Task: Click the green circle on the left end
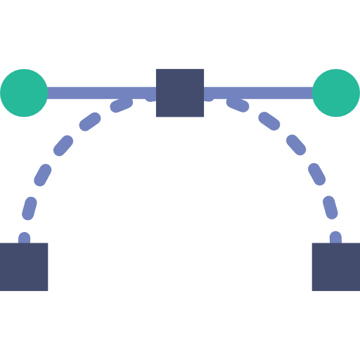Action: (24, 93)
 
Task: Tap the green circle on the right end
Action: (336, 93)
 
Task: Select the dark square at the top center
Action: (180, 93)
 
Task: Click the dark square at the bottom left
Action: (24, 266)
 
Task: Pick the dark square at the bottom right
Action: (336, 266)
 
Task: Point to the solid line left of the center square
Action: (102, 93)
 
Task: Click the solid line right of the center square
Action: (258, 93)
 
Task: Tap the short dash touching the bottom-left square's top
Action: (25, 238)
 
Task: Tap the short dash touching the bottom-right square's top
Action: (335, 238)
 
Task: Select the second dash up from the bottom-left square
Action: (30, 208)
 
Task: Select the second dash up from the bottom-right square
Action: (330, 208)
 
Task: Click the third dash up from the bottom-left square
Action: (43, 175)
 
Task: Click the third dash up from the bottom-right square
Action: (317, 175)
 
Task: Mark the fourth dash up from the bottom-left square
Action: (63, 146)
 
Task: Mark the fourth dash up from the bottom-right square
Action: (297, 146)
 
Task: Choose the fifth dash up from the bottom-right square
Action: (270, 122)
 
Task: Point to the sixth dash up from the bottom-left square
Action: (122, 105)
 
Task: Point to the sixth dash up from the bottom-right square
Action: (238, 105)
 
